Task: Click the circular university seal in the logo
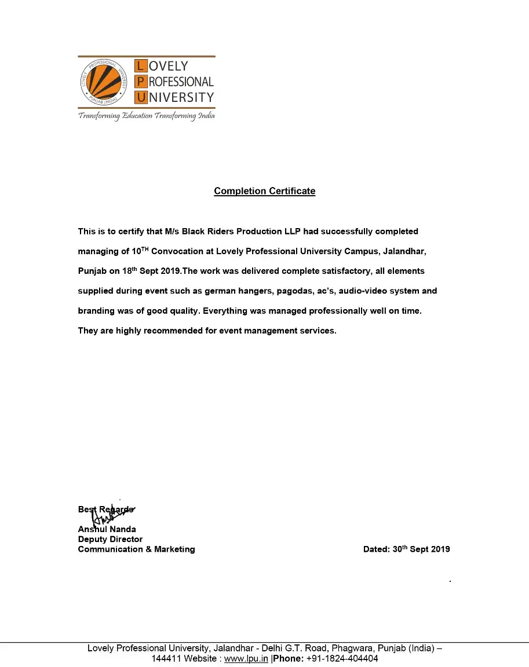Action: (x=104, y=82)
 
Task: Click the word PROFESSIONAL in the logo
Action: (x=175, y=82)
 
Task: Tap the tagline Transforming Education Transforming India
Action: (x=147, y=116)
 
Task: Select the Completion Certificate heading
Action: (x=264, y=191)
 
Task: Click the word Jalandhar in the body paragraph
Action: (x=404, y=251)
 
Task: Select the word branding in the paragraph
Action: (x=96, y=311)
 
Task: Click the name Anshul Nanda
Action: (x=107, y=529)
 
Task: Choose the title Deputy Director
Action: (x=110, y=539)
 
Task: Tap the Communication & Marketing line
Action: (x=136, y=549)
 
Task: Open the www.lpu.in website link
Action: (x=246, y=659)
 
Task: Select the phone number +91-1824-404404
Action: (x=342, y=659)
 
